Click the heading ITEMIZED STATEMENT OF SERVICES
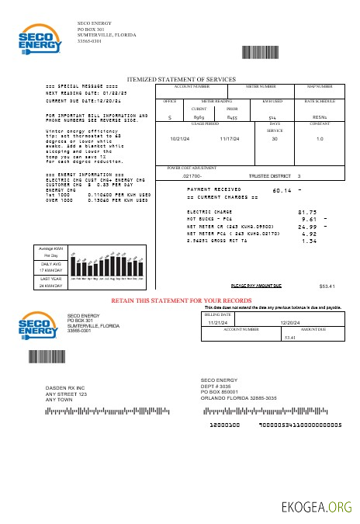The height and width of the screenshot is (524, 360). tap(181, 79)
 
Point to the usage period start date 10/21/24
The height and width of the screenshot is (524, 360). tap(179, 138)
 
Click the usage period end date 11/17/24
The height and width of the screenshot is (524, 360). tap(230, 138)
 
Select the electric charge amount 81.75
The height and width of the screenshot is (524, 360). tap(307, 211)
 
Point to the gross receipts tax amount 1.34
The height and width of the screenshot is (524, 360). tap(309, 241)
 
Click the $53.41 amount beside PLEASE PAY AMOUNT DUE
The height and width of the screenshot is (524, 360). tap(327, 286)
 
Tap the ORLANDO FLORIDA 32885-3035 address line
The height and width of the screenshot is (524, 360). tap(238, 397)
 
